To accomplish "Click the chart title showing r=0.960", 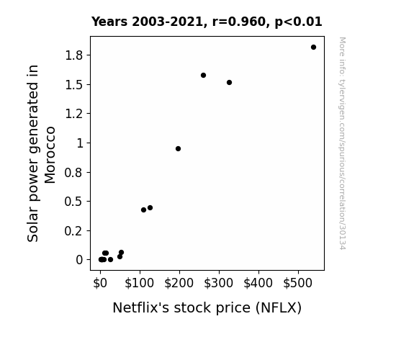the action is tap(207, 22).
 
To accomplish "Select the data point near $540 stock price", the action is tap(313, 48).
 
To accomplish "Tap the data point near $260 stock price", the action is tap(203, 76).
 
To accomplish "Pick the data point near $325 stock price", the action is tap(229, 82).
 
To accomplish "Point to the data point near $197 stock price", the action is tap(179, 149).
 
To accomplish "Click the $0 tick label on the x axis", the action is tap(100, 283).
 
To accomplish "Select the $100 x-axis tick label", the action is tap(140, 283).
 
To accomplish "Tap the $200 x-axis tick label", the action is tap(179, 283).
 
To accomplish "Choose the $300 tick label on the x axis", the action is tap(219, 283).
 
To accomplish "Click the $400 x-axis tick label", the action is tap(258, 283).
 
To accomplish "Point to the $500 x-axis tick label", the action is tap(298, 283).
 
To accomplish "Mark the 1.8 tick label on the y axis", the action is tap(74, 55).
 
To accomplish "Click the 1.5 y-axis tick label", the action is tap(74, 85).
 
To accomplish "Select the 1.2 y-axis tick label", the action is tap(74, 114).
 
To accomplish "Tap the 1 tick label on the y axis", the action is tap(80, 143).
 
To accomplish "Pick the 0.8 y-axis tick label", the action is tap(74, 173).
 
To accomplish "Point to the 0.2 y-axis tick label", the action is tap(74, 231).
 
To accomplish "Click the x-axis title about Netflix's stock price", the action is tap(207, 308).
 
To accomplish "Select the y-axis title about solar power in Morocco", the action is tap(41, 153).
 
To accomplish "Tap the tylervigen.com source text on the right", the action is tap(342, 143).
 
